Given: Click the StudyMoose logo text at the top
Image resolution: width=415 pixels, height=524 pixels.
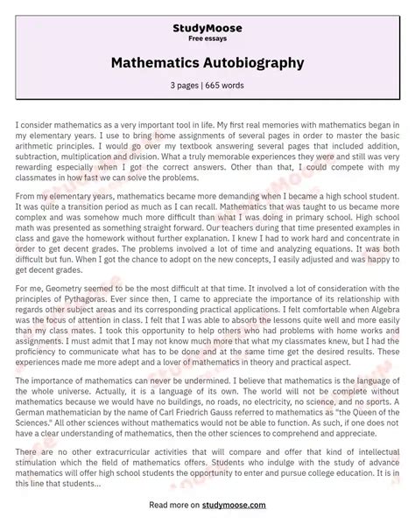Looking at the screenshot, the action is pyautogui.click(x=207, y=28).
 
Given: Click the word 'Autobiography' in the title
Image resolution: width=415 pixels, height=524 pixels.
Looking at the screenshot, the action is pyautogui.click(x=256, y=63).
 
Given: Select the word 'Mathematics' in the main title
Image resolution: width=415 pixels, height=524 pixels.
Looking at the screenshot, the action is pyautogui.click(x=158, y=63).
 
